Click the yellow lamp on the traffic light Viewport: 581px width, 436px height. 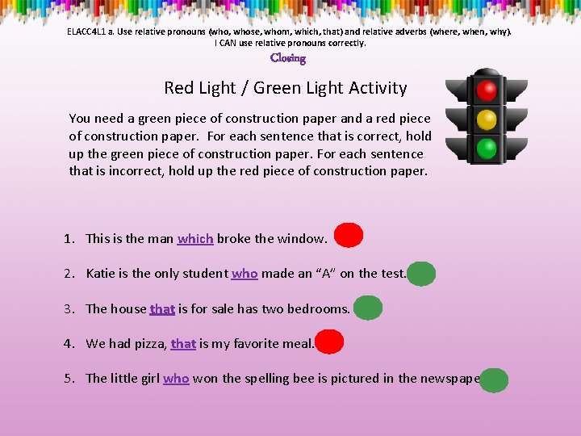[486, 119]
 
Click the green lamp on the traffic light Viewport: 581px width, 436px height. [486, 149]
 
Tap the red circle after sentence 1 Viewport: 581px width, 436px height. [349, 236]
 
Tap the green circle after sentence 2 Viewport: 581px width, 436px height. [421, 274]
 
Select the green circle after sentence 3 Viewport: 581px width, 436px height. [367, 308]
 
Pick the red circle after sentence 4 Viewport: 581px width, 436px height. [329, 342]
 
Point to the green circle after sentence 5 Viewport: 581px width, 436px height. [494, 379]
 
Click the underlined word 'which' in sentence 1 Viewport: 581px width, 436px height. [195, 238]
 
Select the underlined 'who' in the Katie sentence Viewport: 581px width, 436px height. [245, 274]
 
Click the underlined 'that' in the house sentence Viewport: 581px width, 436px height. [162, 308]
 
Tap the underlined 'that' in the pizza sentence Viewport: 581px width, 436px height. [183, 343]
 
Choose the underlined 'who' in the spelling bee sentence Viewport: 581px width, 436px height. [176, 378]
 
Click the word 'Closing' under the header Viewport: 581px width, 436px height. [288, 58]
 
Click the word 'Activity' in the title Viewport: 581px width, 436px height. [376, 88]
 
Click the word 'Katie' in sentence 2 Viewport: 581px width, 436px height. [101, 274]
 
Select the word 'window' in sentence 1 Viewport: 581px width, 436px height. [301, 238]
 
